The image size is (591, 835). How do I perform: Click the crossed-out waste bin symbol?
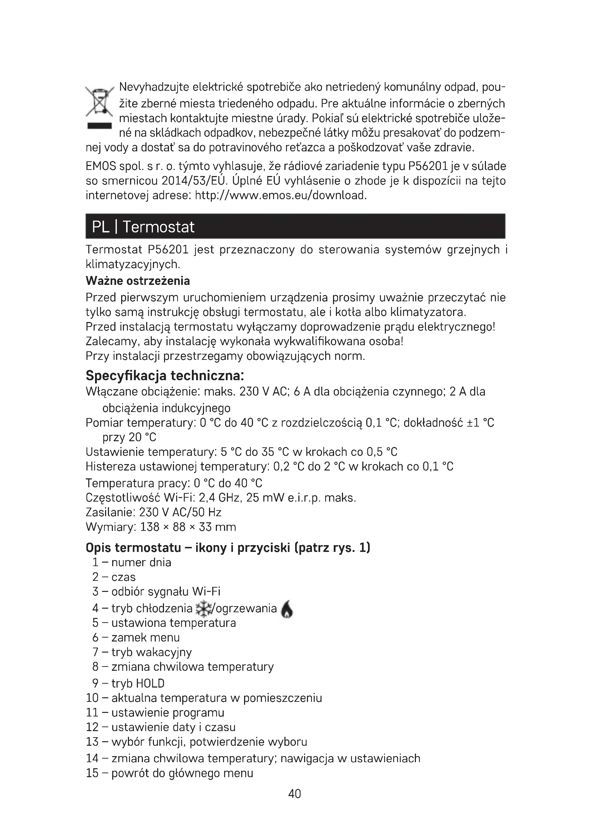[x=99, y=102]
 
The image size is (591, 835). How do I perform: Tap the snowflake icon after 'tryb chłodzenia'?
[x=203, y=608]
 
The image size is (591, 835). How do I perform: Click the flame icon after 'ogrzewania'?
[x=287, y=609]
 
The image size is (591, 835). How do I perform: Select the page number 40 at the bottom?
[x=294, y=794]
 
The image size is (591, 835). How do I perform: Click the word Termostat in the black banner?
[x=158, y=227]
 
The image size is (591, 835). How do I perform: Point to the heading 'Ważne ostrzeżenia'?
[x=138, y=281]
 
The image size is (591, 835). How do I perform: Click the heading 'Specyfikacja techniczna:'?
[x=165, y=375]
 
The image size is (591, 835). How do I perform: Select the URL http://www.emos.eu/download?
[x=280, y=196]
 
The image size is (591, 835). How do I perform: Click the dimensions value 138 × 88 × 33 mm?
[x=188, y=527]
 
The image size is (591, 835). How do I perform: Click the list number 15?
[x=92, y=773]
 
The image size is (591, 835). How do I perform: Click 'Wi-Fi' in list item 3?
[x=206, y=592]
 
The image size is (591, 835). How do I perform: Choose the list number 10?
[x=92, y=698]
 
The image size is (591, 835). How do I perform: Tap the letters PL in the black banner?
[x=101, y=227]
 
